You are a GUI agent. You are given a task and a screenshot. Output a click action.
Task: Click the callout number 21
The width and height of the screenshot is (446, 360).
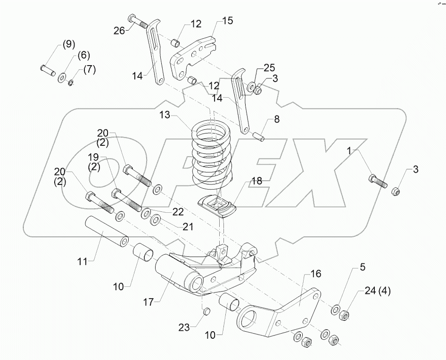188,227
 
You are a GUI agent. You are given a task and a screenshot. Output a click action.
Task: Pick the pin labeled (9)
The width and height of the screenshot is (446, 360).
48,69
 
